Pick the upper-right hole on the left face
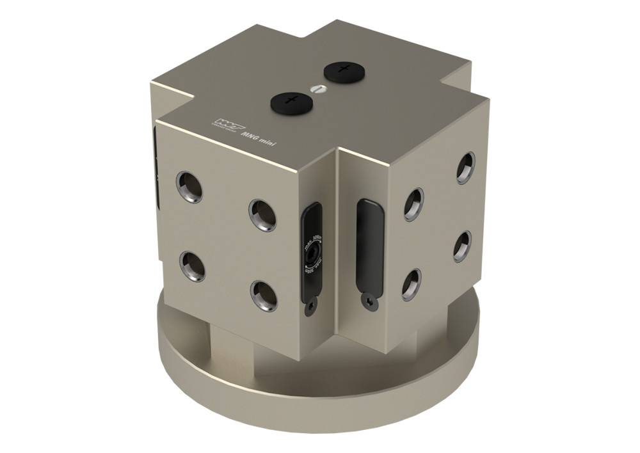click(x=262, y=214)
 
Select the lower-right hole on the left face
click(x=264, y=295)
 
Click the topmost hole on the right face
click(x=466, y=168)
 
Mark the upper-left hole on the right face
click(x=414, y=204)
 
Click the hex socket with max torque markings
click(x=311, y=256)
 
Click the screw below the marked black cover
click(x=310, y=308)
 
